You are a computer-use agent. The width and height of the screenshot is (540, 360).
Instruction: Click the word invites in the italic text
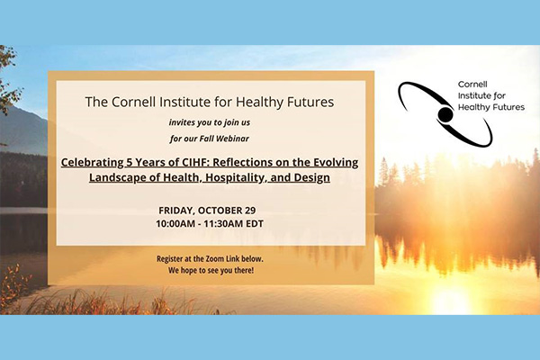click(181, 122)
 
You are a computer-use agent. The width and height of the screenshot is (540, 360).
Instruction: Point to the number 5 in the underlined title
click(129, 162)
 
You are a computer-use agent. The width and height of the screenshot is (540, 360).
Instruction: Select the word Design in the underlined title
click(312, 177)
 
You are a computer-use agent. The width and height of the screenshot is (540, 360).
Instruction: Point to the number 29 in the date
click(250, 210)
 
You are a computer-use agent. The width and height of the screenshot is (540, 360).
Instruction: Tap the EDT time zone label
click(255, 223)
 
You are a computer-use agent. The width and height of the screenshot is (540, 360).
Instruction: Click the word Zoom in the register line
click(214, 258)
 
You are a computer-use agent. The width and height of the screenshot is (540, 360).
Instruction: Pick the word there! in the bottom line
click(244, 270)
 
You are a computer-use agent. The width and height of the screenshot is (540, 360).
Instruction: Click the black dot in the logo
click(445, 114)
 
